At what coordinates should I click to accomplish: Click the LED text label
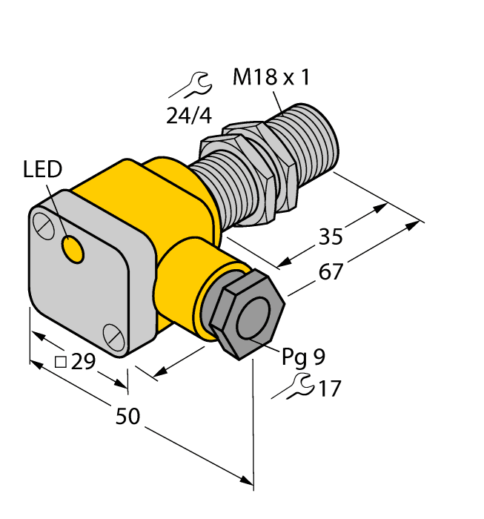(x=43, y=171)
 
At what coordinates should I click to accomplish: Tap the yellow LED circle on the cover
(x=73, y=250)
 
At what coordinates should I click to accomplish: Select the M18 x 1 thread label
(x=271, y=78)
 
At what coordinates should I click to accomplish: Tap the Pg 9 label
(x=302, y=357)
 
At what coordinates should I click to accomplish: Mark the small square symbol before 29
(x=62, y=363)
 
